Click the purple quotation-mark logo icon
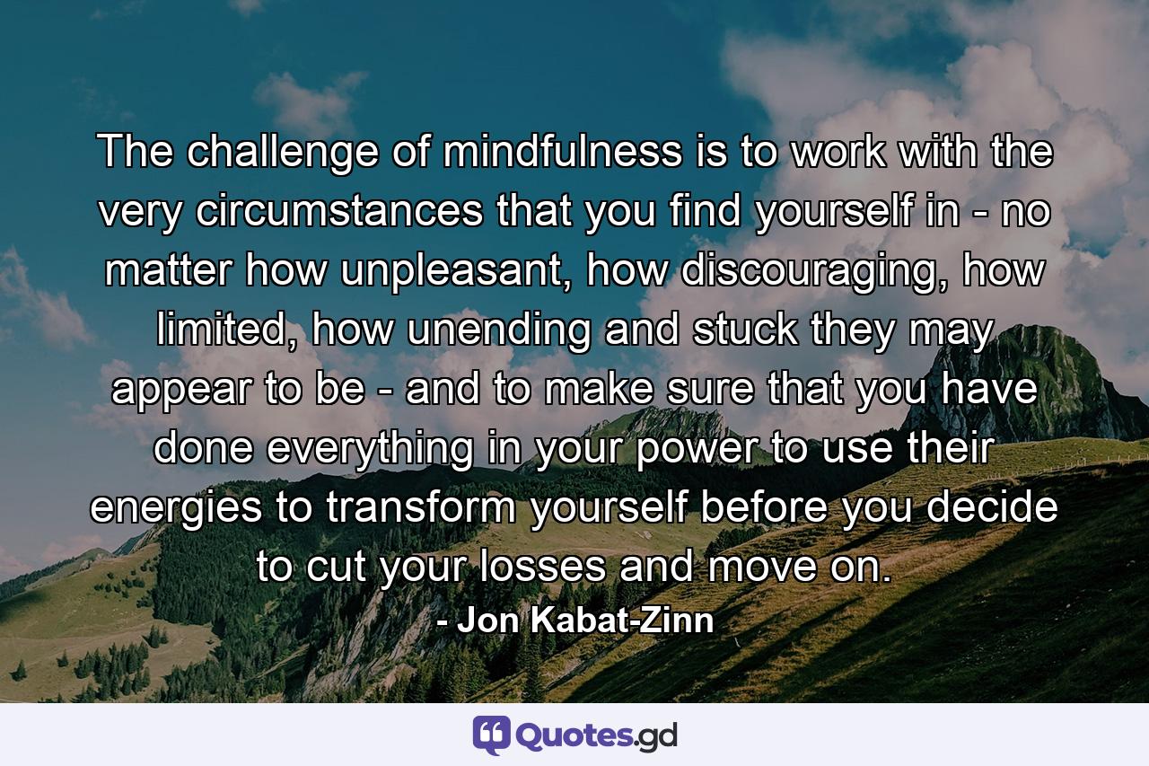pos(491,735)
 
